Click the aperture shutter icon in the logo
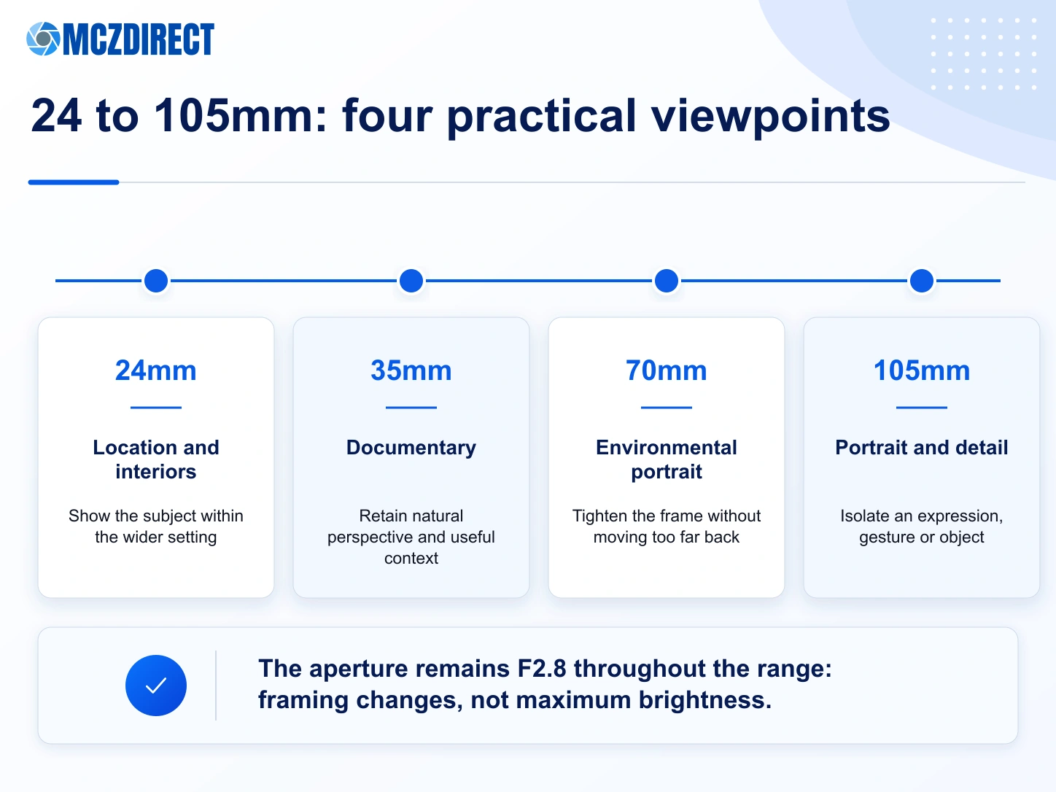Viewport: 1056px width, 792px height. click(x=43, y=39)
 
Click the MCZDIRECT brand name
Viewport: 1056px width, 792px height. click(x=139, y=39)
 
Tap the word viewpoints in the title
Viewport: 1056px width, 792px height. click(x=770, y=117)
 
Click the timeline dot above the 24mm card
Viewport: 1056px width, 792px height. click(x=156, y=281)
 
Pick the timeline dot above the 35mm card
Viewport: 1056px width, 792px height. click(x=411, y=281)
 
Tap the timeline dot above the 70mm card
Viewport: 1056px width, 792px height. click(x=667, y=281)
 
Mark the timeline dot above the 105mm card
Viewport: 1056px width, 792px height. click(x=922, y=281)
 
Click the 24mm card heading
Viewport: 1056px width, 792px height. click(x=156, y=370)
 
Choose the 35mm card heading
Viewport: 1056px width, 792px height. click(x=411, y=370)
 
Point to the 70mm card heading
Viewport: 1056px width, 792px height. click(x=667, y=370)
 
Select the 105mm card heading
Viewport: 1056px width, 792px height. click(x=922, y=370)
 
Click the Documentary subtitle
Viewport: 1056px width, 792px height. click(x=411, y=449)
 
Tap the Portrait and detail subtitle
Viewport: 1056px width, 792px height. click(x=922, y=447)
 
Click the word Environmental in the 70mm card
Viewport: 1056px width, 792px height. click(x=667, y=447)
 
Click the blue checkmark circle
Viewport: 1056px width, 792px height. click(x=156, y=686)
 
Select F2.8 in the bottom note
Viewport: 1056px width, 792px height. click(x=542, y=669)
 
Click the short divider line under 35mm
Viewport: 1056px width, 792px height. click(x=411, y=407)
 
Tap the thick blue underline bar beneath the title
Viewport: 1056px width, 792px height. click(x=74, y=182)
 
